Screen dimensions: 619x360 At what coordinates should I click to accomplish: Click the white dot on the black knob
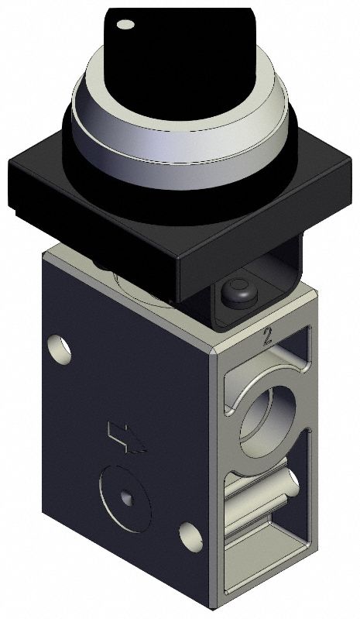point(125,25)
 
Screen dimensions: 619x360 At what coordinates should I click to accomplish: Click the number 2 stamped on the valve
point(268,336)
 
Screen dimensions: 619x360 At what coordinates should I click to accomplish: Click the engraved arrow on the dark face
point(126,437)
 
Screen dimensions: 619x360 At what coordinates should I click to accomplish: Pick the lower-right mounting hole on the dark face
point(189,535)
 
